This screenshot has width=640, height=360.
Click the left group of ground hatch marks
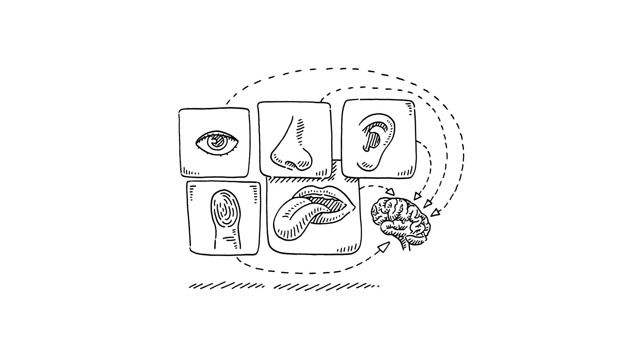[x=227, y=286]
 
